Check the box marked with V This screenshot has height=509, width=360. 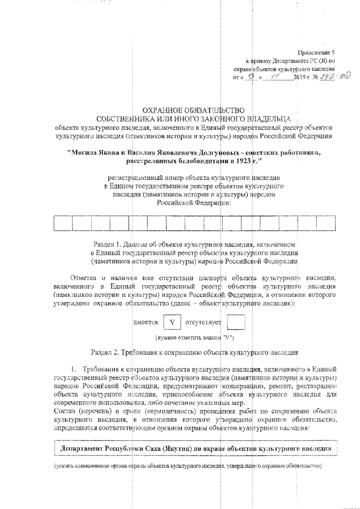coord(173,323)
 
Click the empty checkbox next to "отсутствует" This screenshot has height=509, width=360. coord(235,323)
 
